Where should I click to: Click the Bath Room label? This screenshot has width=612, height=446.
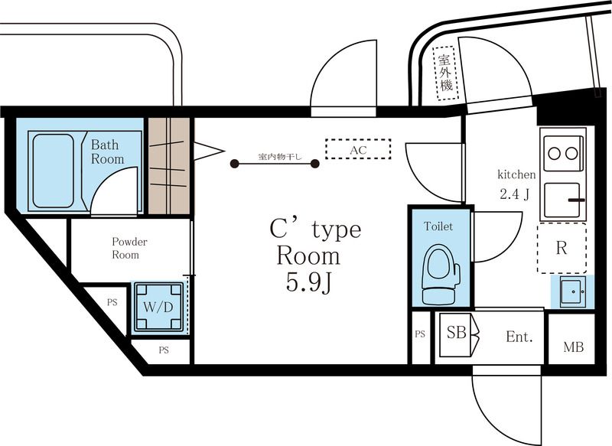[107, 151]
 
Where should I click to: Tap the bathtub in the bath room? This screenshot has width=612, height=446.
[54, 171]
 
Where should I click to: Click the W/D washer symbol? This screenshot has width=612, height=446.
[158, 307]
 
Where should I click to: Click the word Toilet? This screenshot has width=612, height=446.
[438, 226]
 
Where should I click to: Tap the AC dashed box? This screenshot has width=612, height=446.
[358, 149]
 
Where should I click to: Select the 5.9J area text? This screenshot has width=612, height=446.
[309, 282]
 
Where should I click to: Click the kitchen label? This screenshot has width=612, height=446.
[516, 174]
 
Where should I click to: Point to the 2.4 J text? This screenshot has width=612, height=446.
[514, 194]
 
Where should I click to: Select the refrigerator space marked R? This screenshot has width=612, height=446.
[562, 248]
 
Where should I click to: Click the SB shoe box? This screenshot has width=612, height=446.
[456, 334]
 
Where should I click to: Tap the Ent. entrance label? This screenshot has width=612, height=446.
[519, 337]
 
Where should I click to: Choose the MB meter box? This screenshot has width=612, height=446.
[572, 339]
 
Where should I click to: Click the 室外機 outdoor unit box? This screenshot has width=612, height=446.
[445, 73]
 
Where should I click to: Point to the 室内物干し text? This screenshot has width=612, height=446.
[280, 157]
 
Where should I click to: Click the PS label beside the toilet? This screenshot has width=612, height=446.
[420, 334]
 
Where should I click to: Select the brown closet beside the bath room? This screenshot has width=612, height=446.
[169, 166]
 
